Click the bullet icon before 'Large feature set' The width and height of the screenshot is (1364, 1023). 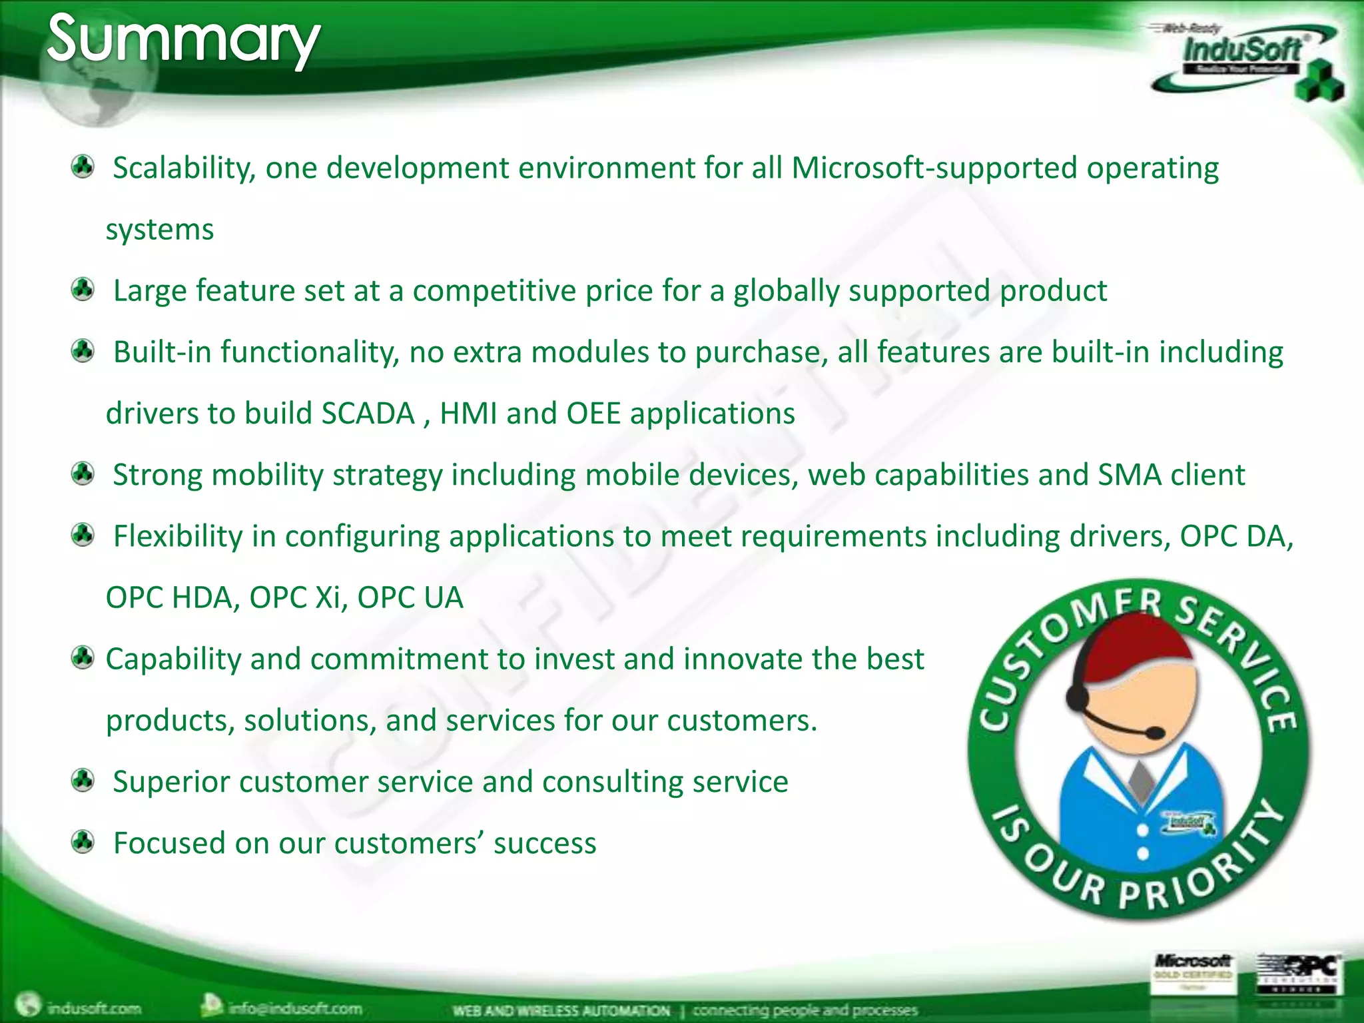pos(83,290)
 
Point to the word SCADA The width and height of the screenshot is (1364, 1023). pos(368,414)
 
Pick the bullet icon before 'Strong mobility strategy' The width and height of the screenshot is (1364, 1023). pos(83,474)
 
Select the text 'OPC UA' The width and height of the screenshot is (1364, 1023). pos(410,597)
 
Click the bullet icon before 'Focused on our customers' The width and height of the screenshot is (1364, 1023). pos(83,842)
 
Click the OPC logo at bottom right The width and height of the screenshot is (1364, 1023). pos(1299,972)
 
